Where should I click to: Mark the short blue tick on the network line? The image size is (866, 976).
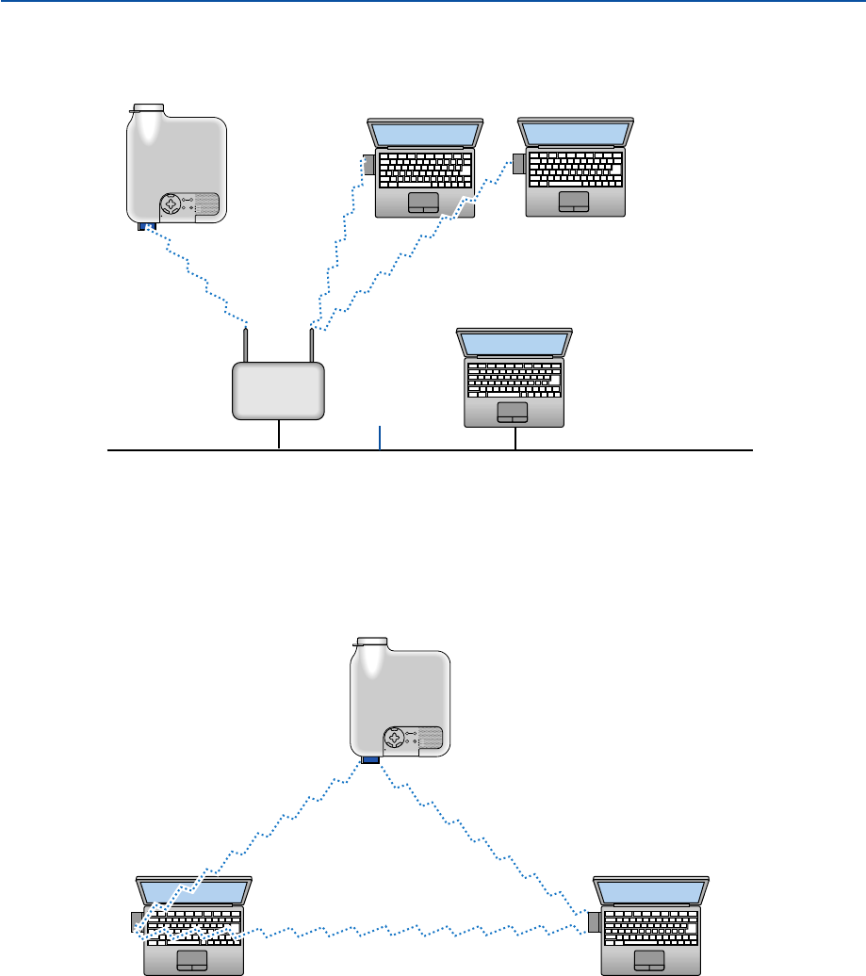[380, 438]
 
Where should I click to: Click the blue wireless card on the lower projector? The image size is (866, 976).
[369, 759]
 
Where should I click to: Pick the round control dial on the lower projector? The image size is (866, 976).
[396, 738]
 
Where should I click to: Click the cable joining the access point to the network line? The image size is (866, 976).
[280, 436]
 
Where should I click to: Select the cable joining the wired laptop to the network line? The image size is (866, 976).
[515, 439]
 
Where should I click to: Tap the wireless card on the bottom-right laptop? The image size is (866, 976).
[596, 920]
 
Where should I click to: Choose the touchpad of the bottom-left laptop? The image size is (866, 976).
[193, 959]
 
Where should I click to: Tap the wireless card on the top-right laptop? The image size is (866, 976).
[518, 163]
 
